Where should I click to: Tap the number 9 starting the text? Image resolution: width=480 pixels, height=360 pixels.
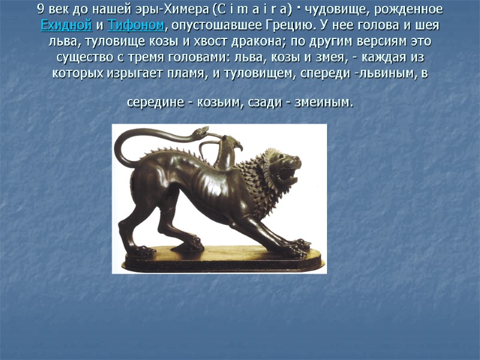(x=40, y=10)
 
